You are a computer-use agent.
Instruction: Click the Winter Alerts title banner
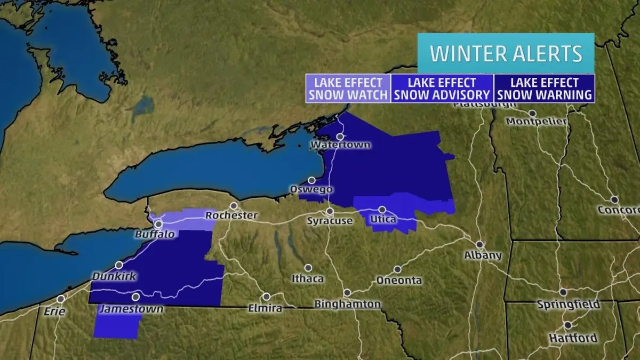coord(506,53)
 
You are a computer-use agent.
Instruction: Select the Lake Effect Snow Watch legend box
coord(348,89)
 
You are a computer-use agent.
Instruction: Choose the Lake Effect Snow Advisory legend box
coord(442,89)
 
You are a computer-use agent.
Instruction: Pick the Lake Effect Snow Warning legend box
coord(544,89)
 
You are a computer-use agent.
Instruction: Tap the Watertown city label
coord(340,145)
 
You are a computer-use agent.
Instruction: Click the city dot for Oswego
coord(311,180)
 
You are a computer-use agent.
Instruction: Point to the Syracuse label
coord(330,221)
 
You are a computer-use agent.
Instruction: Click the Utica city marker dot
coord(382,210)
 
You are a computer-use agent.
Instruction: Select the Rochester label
coord(231,216)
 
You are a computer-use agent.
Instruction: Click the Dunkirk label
coord(114,277)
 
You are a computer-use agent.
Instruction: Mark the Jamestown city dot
coord(136,297)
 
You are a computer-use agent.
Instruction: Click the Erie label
coord(55,311)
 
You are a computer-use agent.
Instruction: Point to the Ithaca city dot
coord(308,268)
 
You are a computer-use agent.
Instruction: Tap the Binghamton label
coord(348,305)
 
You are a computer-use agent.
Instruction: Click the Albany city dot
coord(480,244)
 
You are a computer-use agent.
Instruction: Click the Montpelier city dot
coord(532,114)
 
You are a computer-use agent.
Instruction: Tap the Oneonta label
coord(399,281)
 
